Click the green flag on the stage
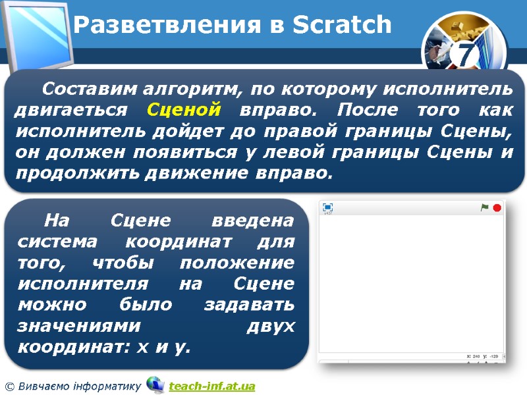[x=484, y=208]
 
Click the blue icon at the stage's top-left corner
[x=327, y=207]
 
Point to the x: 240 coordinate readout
[x=473, y=356]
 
